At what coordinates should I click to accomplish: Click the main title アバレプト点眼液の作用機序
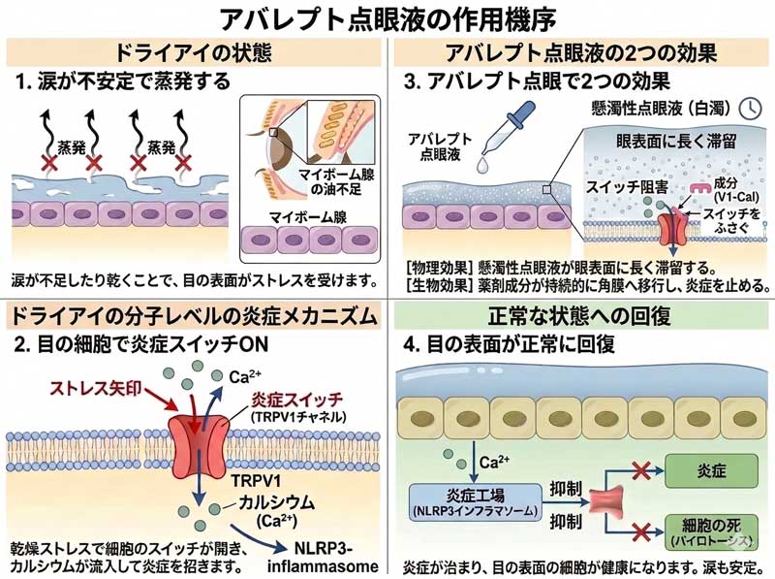387,18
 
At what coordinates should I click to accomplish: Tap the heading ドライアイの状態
194,51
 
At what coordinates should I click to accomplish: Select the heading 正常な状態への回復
581,317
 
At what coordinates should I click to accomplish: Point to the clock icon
749,107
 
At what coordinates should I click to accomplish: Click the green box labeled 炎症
712,470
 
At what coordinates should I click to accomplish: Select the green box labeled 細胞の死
712,530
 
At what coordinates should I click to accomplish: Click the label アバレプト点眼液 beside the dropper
440,146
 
